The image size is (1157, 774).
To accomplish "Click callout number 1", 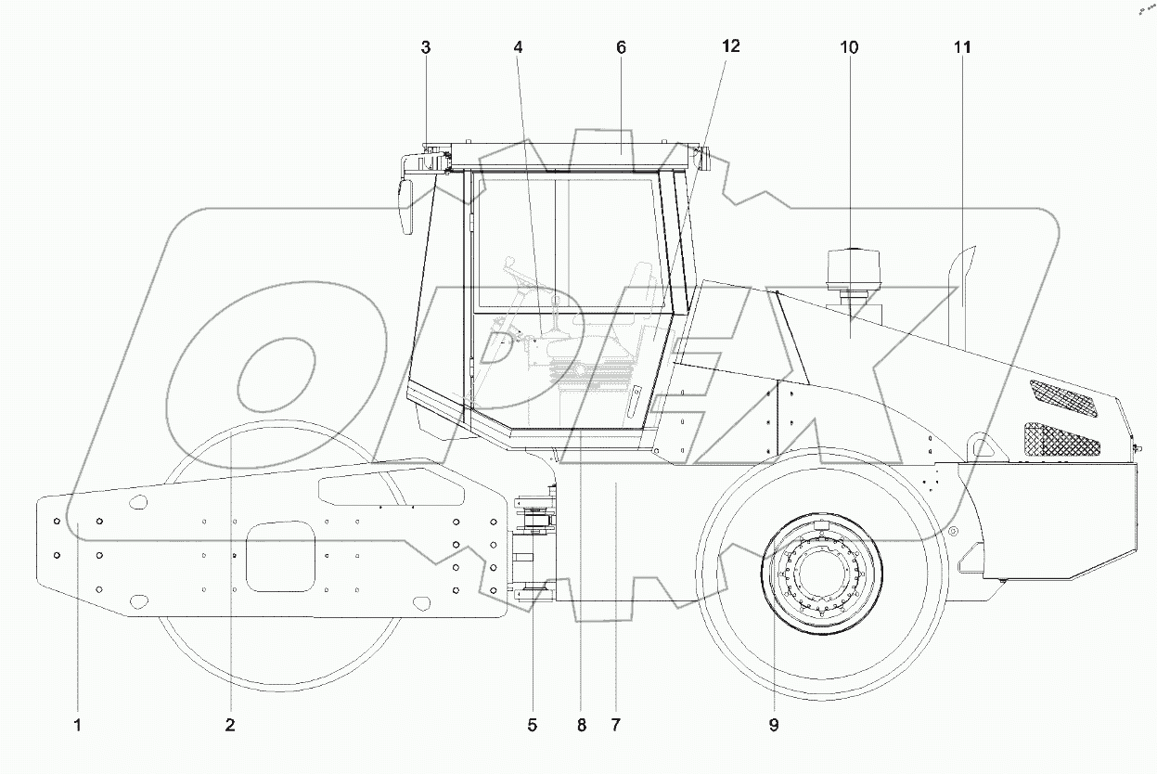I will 78,725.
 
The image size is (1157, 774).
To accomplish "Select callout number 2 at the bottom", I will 229,725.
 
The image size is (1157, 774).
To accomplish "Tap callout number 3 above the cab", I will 426,47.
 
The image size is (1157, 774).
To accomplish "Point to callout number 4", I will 518,47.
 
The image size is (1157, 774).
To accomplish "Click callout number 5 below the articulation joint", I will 533,725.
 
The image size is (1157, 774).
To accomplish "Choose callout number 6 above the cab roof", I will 621,47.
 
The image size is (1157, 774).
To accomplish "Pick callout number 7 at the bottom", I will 616,725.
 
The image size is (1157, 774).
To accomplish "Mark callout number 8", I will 582,725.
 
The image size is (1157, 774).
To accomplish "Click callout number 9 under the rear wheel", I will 773,725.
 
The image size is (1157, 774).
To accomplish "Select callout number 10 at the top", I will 850,47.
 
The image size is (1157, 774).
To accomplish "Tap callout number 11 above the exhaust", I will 962,47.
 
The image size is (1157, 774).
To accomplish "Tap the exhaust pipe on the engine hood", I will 962,297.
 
